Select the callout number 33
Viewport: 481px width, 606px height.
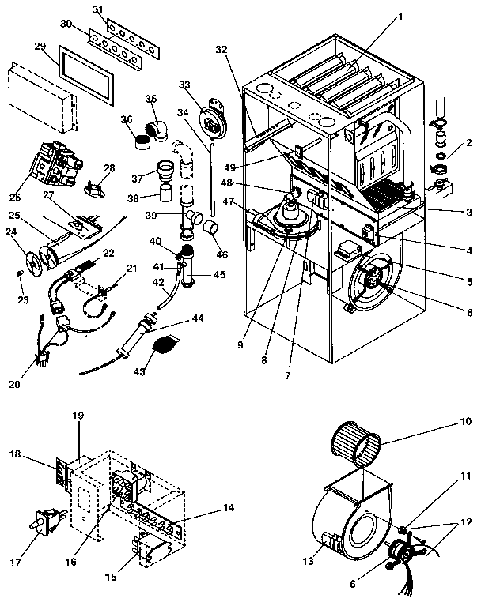(x=185, y=84)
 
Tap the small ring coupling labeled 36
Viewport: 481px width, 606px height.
(x=142, y=142)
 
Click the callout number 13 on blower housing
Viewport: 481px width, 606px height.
(x=309, y=560)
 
